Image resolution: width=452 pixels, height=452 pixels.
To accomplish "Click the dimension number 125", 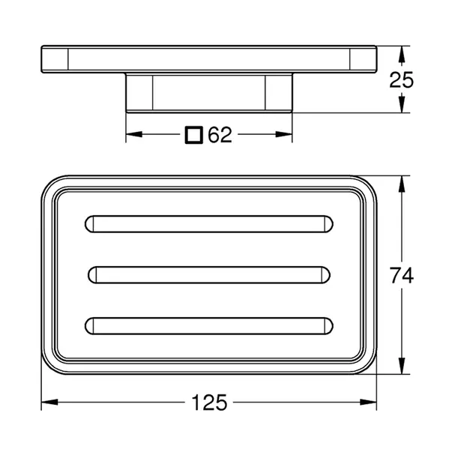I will tap(209, 403).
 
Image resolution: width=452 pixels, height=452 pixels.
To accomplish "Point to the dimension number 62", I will tap(220, 135).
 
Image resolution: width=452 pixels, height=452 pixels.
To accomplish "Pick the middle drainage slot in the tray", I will tap(209, 274).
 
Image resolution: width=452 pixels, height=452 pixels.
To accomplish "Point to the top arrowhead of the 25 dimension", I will tap(403, 52).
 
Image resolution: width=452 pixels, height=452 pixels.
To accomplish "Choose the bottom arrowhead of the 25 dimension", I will tap(403, 106).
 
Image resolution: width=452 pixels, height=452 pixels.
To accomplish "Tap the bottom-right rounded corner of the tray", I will tap(367, 363).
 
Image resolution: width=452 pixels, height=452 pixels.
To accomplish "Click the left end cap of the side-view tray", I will tap(54, 59).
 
